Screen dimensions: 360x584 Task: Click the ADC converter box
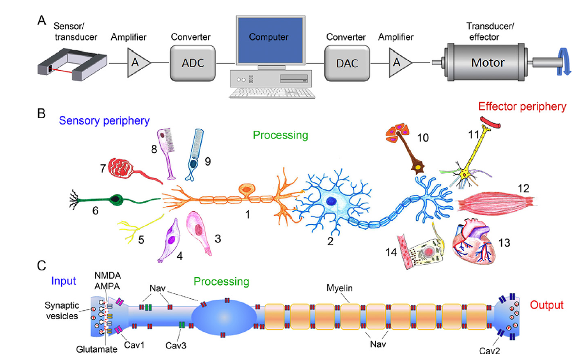[x=192, y=63]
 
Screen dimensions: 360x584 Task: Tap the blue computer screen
[x=269, y=37]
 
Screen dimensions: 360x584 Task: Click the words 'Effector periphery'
[x=522, y=107]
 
